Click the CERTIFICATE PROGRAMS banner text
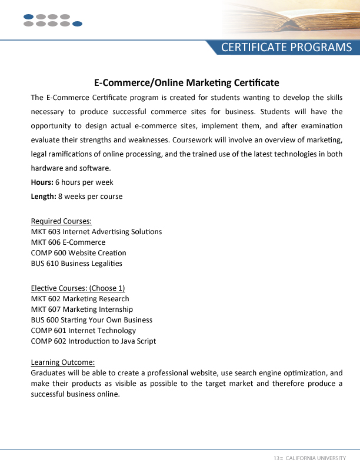coord(286,48)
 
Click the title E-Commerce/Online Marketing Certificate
coord(186,82)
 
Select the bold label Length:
coord(43,197)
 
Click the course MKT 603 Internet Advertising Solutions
coord(96,232)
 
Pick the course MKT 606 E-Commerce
coord(68,242)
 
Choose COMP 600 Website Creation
coord(78,253)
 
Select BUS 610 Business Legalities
coord(76,264)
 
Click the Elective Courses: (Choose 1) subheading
coord(78,288)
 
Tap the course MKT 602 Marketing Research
coord(80,299)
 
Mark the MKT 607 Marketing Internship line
coord(82,309)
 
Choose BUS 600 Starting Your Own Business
coord(91,320)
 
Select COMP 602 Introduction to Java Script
coord(93,341)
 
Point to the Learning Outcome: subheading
coord(62,362)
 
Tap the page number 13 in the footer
coord(275,458)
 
